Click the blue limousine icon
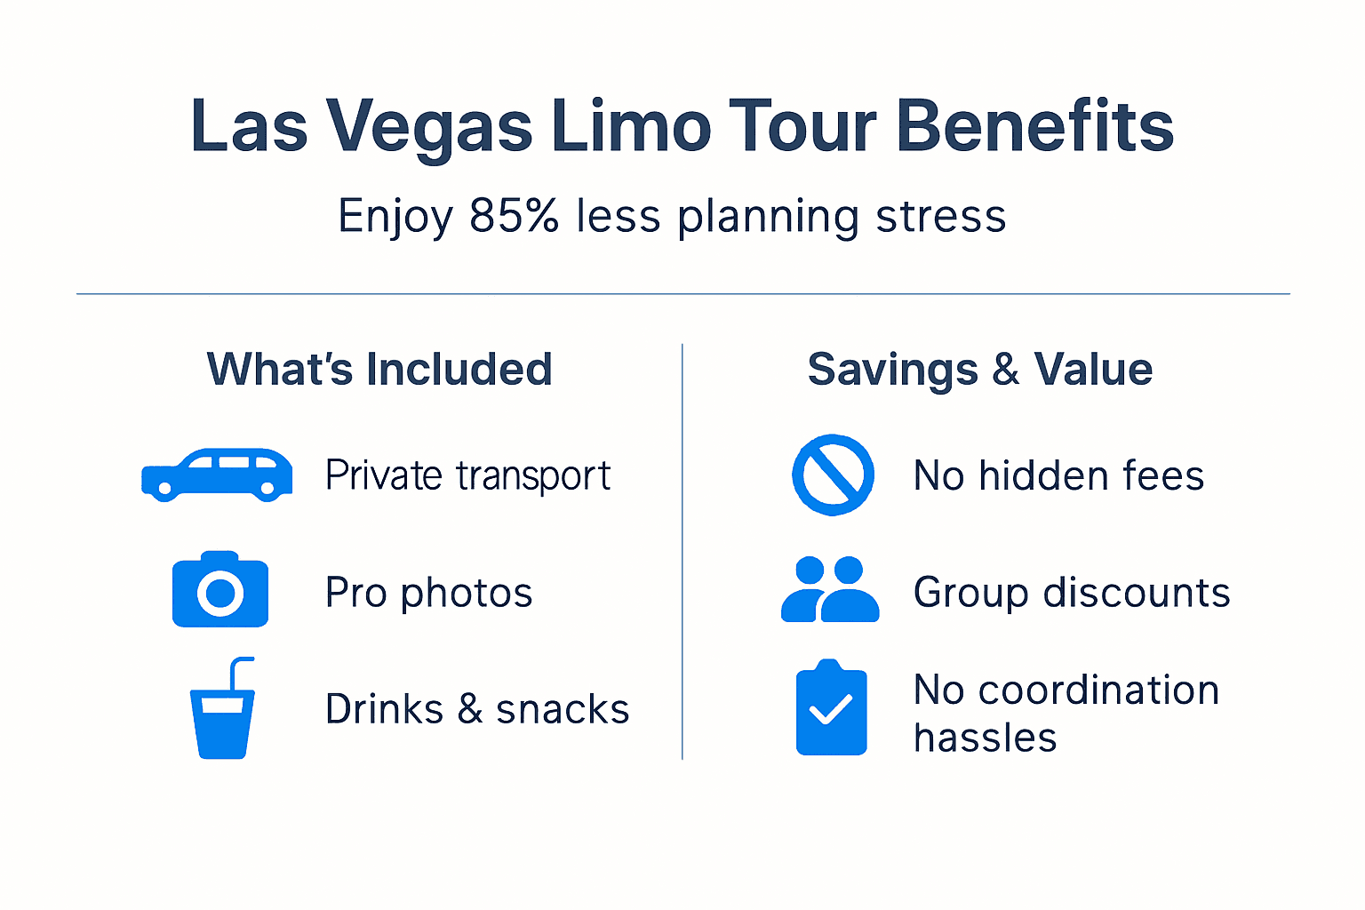coord(217,475)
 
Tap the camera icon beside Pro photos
coord(220,590)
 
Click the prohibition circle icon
coord(833,475)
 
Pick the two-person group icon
coord(830,590)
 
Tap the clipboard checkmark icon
coord(831,708)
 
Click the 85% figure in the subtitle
coord(514,216)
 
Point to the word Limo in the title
coord(630,126)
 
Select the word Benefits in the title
coord(1034,126)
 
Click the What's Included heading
coord(379,369)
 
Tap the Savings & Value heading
coord(979,369)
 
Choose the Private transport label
coord(467,475)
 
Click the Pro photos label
coord(428,593)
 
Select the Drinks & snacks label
coord(477,709)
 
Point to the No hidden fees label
coord(1058,475)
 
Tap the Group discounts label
coord(1072,593)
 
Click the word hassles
coord(985,738)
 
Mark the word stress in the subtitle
coord(940,216)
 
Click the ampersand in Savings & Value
coord(1005,369)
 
